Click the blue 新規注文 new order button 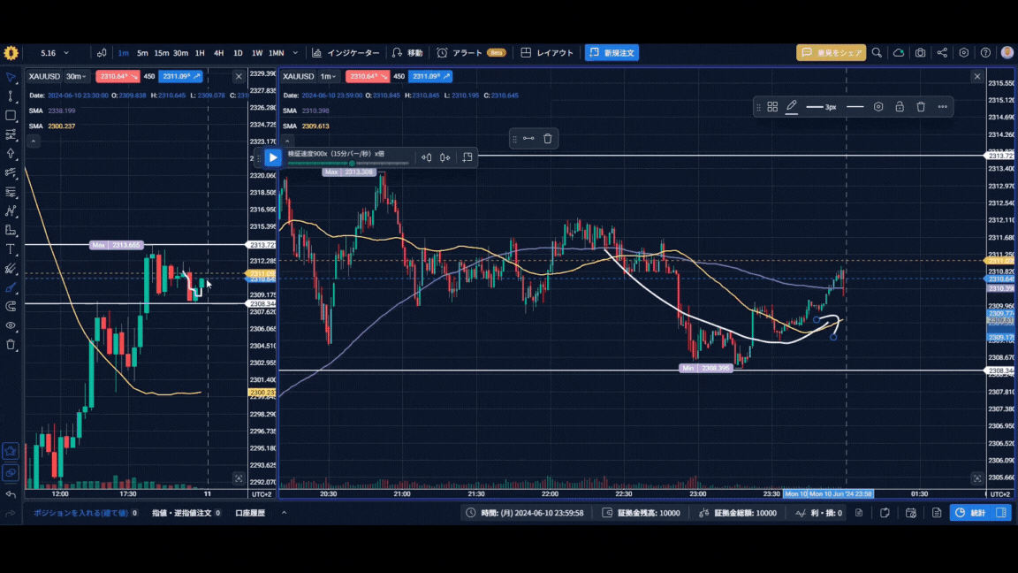point(612,53)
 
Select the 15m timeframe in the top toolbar point(162,53)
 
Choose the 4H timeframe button point(218,53)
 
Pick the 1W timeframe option point(257,53)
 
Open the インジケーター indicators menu point(346,53)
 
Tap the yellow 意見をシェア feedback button point(831,53)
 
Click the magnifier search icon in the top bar point(877,53)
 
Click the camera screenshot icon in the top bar point(921,53)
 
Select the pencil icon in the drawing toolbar point(792,106)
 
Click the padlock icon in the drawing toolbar point(900,106)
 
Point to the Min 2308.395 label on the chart point(706,368)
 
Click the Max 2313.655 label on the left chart point(117,245)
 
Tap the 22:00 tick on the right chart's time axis point(550,493)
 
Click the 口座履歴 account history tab point(250,513)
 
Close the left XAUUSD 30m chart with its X point(239,77)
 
